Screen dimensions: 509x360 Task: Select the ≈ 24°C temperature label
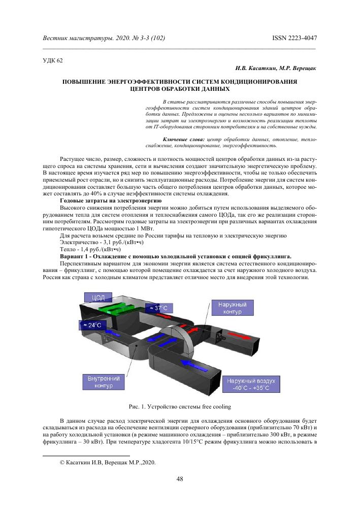(x=90, y=325)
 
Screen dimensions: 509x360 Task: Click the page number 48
(x=180, y=479)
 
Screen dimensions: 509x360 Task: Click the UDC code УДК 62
(x=52, y=60)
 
